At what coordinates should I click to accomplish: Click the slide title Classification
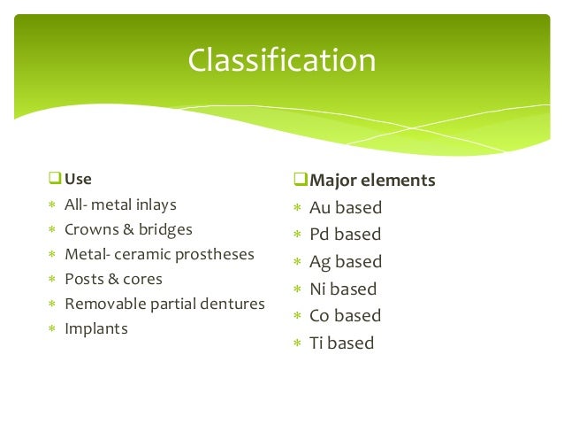(x=281, y=61)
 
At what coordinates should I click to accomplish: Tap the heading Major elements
(x=371, y=181)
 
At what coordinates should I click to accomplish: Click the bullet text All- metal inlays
(x=120, y=204)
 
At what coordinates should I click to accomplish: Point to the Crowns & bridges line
(x=128, y=229)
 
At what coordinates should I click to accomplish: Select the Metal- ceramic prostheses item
(x=159, y=254)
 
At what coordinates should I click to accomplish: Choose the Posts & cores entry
(x=113, y=279)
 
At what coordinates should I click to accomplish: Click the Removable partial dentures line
(x=164, y=304)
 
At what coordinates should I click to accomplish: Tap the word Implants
(x=95, y=328)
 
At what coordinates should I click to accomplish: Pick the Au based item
(x=345, y=208)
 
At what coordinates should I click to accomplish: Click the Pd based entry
(x=345, y=235)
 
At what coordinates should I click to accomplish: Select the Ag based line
(x=345, y=262)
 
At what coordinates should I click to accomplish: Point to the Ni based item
(x=342, y=289)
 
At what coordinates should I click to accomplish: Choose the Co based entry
(x=345, y=316)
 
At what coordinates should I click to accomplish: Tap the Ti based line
(x=341, y=343)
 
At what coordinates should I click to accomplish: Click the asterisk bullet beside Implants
(x=51, y=329)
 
